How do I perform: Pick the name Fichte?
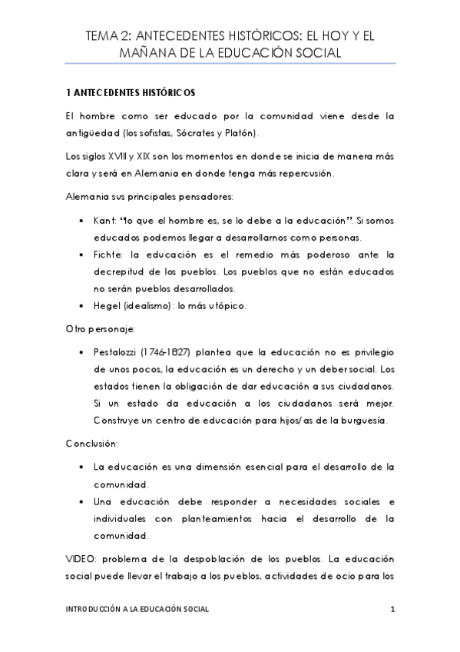pyautogui.click(x=108, y=254)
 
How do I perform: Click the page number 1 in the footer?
pyautogui.click(x=392, y=609)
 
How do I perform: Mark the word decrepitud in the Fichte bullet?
pyautogui.click(x=123, y=271)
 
